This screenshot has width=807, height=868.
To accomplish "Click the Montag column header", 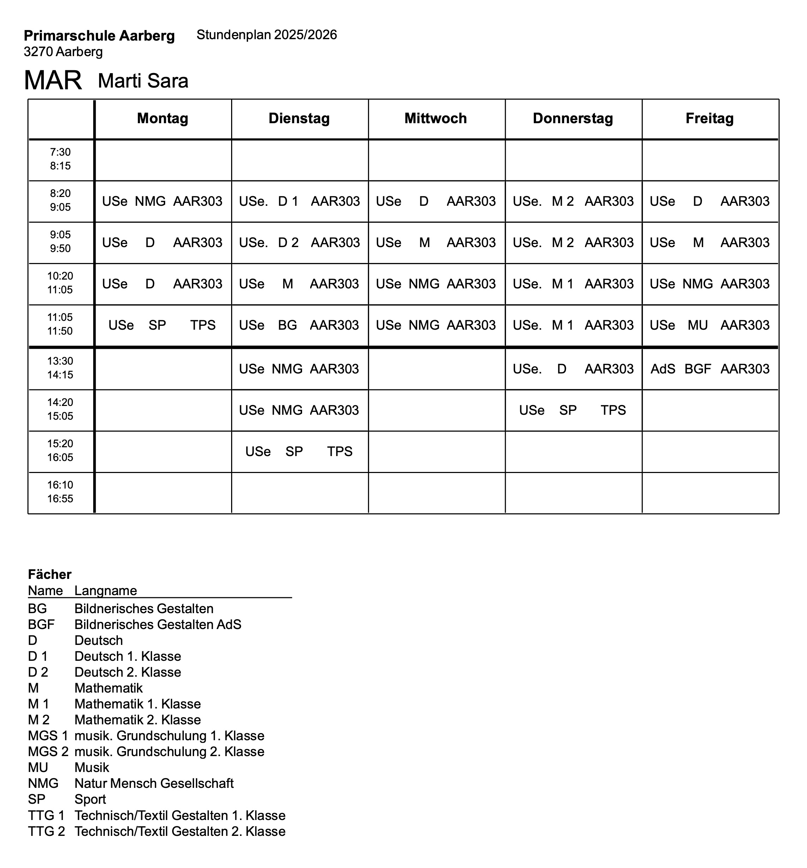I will [162, 118].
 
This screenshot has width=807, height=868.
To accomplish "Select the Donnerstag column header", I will [573, 118].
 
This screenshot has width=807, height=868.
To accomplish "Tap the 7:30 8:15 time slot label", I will [60, 159].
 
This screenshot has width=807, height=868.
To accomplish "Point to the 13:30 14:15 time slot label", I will [60, 367].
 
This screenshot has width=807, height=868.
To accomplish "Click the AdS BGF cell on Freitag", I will [710, 369].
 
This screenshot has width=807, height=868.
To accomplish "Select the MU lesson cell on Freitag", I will [710, 325].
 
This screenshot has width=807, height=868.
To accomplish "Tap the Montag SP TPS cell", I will [162, 325].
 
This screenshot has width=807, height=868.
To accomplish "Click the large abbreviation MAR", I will [53, 80].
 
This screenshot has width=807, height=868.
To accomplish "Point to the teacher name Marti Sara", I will [143, 81].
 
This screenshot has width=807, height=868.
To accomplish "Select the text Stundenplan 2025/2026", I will [267, 35].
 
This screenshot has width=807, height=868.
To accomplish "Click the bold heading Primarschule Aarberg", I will [99, 36].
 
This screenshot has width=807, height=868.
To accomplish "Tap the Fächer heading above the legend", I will [49, 574].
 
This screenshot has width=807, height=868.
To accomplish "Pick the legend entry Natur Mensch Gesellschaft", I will [154, 783].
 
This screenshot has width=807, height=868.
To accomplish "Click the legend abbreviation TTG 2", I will [46, 831].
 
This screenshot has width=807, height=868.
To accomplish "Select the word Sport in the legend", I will [90, 800].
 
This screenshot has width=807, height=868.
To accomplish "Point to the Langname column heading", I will [106, 591].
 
